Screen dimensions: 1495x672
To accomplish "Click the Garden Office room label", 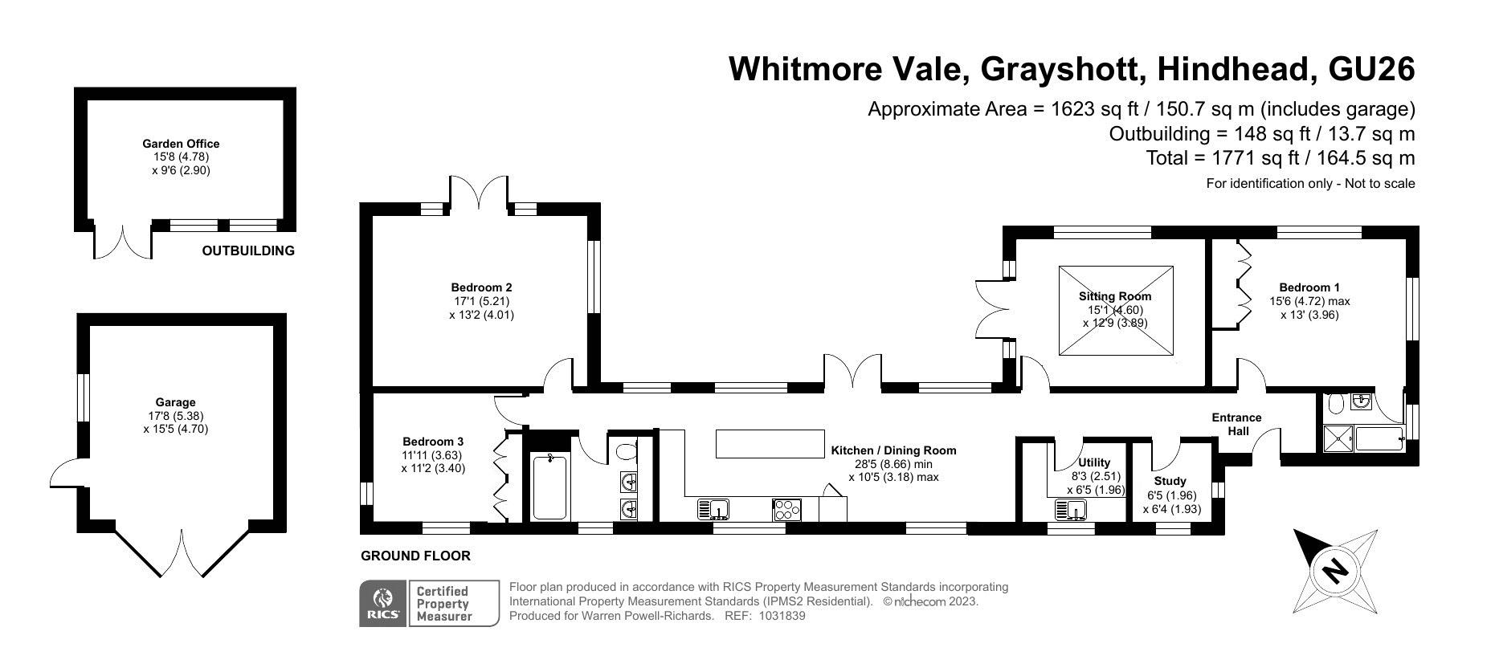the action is (181, 144).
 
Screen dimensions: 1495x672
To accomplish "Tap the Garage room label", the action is (175, 402).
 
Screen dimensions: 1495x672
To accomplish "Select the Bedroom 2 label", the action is (481, 287).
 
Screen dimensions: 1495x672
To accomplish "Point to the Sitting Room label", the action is (1115, 296).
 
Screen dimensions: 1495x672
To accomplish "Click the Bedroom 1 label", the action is (1309, 287).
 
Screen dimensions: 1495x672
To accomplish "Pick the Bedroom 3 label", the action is (433, 442).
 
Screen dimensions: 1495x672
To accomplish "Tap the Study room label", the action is (1170, 482).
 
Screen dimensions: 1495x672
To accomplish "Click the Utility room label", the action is (1094, 462).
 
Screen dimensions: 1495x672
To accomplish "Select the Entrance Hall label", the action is (1237, 424).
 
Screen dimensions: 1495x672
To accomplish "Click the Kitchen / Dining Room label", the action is (893, 450).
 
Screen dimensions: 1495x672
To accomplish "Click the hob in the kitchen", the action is (786, 509).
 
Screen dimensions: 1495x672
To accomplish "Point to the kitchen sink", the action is (713, 509).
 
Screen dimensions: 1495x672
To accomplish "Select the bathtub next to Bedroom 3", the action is (549, 487).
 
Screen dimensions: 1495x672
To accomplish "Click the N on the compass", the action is (1335, 571).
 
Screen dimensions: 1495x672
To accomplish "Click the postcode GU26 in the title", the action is (1372, 69).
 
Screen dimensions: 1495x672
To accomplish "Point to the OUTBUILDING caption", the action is (248, 250).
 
